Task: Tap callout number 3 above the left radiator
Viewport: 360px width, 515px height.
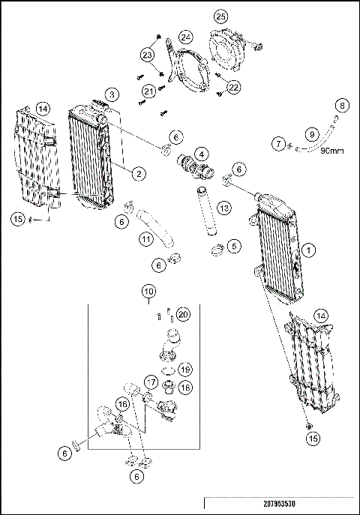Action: (112, 94)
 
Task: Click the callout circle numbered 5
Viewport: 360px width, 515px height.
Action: (235, 245)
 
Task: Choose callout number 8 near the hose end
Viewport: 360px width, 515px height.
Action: (341, 104)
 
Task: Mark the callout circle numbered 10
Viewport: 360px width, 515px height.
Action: (149, 290)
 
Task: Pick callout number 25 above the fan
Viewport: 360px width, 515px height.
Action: (220, 16)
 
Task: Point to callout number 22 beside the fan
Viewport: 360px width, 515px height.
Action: (234, 88)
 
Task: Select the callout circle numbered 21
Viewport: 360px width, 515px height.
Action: (148, 91)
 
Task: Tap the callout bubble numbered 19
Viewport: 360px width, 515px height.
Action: (186, 370)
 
